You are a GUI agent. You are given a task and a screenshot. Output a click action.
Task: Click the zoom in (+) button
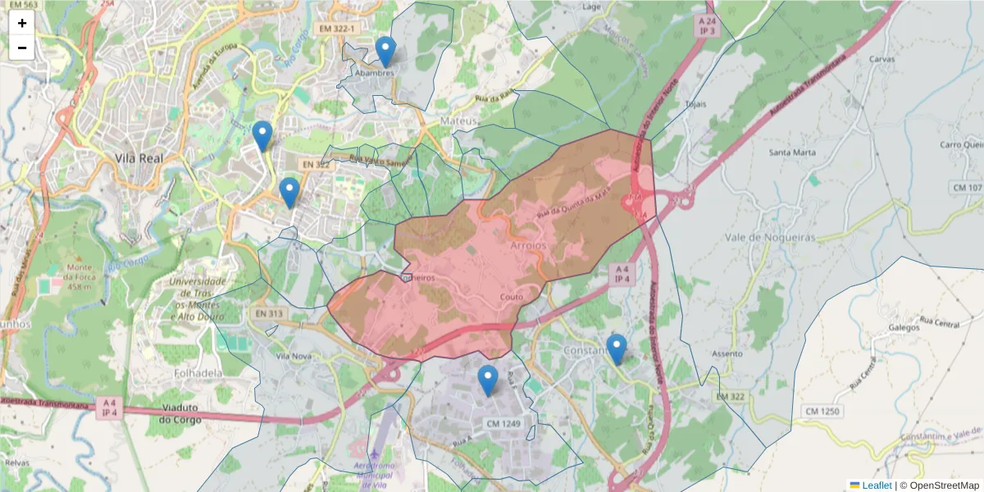click(x=22, y=23)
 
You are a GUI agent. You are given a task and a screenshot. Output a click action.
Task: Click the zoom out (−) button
click(x=22, y=48)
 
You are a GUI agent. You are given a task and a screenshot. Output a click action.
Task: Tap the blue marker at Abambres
click(x=385, y=52)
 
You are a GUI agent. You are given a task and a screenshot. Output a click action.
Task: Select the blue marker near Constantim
click(x=617, y=349)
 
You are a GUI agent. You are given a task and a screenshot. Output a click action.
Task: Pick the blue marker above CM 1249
click(x=488, y=380)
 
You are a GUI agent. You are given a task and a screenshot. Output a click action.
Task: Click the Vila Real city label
click(x=139, y=158)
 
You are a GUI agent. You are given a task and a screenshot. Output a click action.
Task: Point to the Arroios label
click(x=527, y=246)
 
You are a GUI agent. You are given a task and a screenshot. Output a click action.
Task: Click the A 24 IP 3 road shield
click(x=707, y=25)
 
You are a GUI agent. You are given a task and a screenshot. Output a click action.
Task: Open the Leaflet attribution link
click(x=876, y=485)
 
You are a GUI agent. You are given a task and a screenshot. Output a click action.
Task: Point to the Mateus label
click(x=458, y=121)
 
